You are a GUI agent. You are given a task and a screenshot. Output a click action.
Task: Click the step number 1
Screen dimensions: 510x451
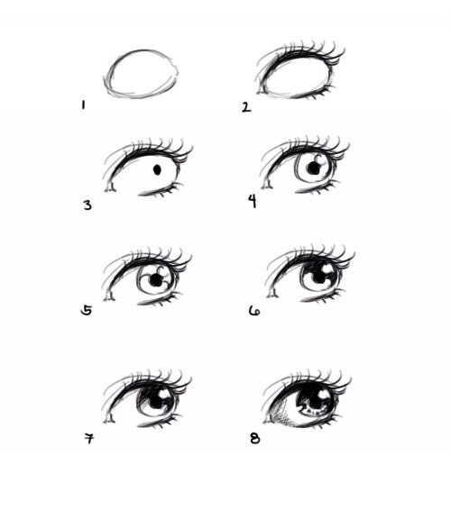[83, 105]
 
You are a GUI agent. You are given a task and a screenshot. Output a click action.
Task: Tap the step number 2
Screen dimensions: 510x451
[245, 106]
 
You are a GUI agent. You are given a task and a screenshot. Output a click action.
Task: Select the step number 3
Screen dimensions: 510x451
[87, 205]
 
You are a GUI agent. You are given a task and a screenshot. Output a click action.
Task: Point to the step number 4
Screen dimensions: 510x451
[253, 201]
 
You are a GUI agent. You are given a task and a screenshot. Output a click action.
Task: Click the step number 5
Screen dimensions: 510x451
[86, 310]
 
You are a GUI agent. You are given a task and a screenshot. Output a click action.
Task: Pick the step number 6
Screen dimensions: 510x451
[253, 311]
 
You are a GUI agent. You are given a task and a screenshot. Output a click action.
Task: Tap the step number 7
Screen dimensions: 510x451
[88, 439]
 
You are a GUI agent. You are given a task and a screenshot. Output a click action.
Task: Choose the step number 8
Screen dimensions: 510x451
[253, 439]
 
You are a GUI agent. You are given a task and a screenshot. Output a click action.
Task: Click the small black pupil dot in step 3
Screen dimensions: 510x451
[157, 168]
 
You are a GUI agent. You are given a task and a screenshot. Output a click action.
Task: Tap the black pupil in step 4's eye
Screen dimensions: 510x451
[316, 167]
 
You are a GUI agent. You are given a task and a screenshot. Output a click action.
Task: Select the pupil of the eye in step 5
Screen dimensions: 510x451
[156, 281]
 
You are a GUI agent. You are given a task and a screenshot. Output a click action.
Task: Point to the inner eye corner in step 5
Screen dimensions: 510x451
[109, 294]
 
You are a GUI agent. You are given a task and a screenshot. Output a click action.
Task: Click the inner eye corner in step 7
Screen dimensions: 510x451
[110, 416]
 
